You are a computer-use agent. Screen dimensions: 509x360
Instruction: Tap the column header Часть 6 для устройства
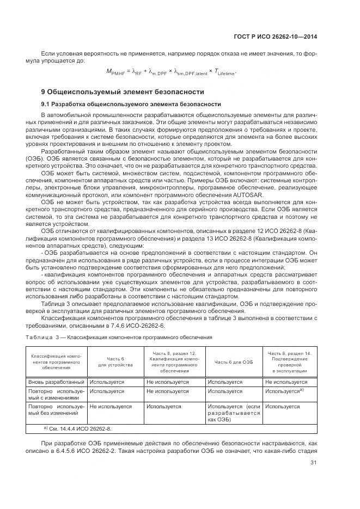(115, 362)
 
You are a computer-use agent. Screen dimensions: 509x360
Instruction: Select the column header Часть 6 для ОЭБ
(234, 362)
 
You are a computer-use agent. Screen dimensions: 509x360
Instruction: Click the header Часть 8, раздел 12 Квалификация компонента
(174, 362)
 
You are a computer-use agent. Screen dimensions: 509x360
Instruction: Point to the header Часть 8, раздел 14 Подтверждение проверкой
(289, 362)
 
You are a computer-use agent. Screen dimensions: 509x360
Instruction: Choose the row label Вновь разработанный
(56, 382)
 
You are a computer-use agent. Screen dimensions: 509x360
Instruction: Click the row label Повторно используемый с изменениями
(56, 395)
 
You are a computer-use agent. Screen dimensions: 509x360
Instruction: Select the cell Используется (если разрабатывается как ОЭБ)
(234, 413)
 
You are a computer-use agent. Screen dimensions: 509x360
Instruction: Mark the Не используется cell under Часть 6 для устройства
(110, 406)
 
